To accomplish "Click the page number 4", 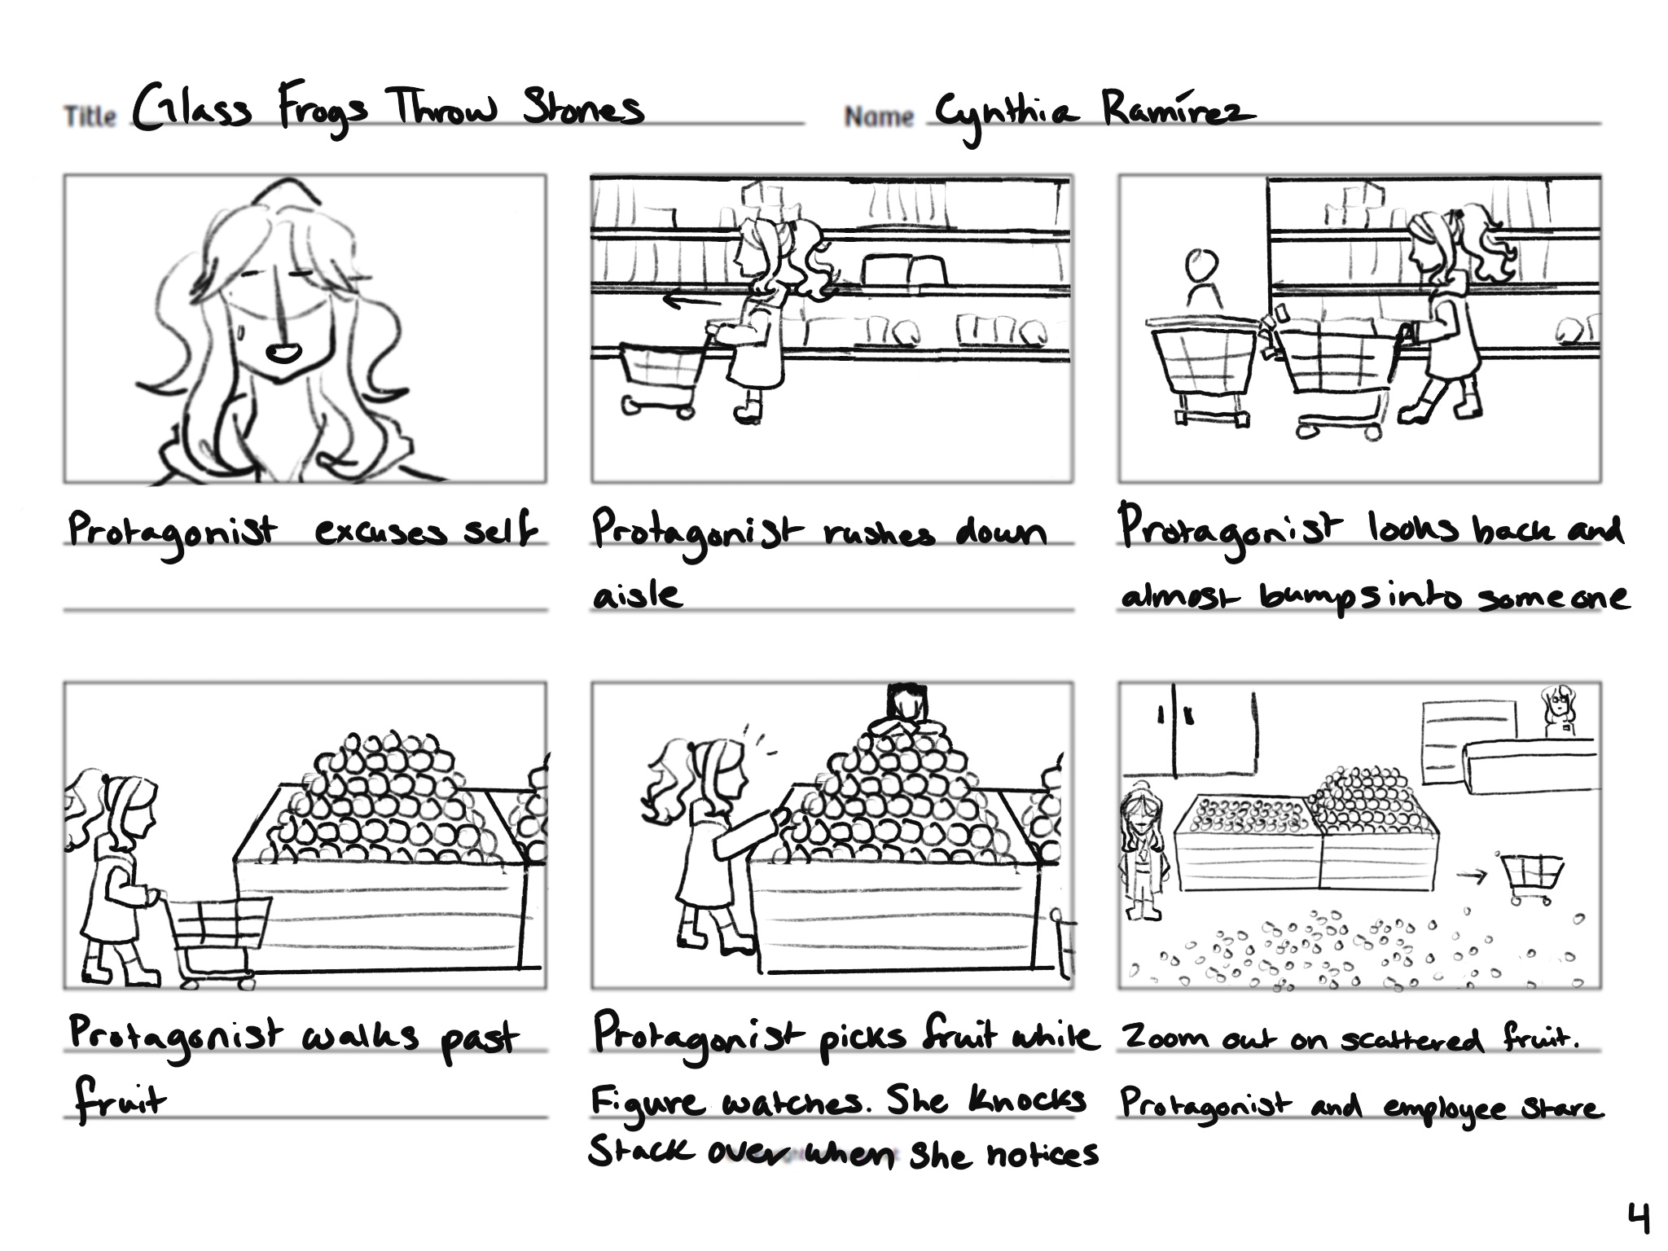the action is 1638,1219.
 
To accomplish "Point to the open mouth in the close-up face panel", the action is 284,353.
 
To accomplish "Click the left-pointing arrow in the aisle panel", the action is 691,301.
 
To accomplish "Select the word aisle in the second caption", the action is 636,595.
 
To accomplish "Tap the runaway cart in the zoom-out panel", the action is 1529,878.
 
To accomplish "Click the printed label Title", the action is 90,116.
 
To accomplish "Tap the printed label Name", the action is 879,116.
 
